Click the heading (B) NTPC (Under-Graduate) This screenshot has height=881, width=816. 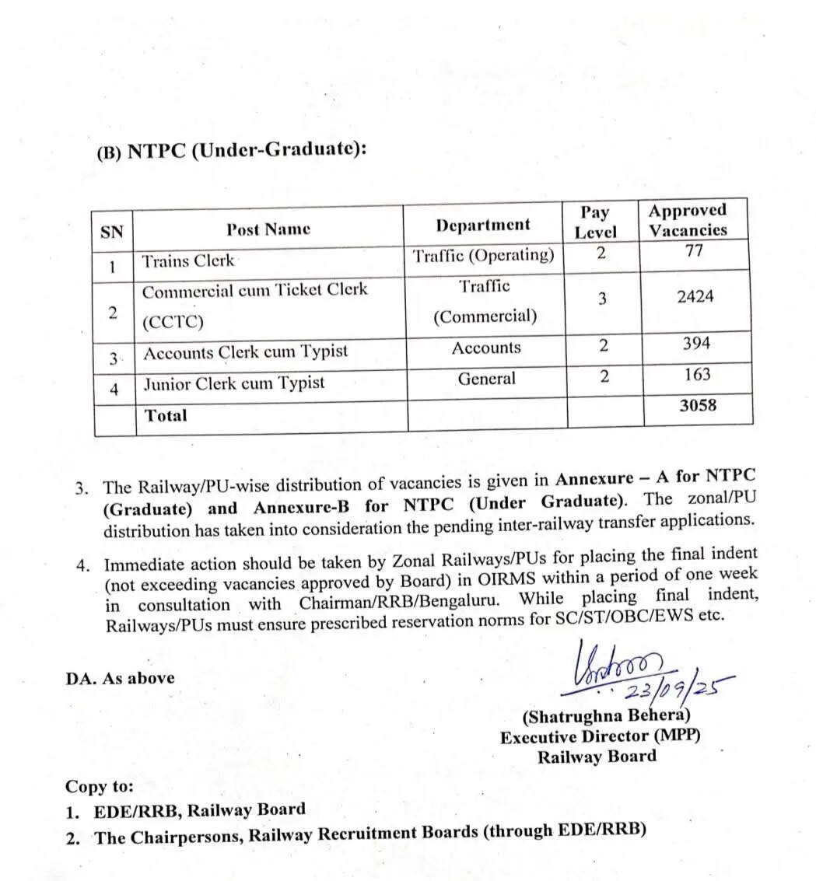(231, 149)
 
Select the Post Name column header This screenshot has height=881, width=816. (268, 229)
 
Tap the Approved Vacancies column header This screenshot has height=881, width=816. (688, 220)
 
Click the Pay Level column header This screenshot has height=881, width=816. (595, 222)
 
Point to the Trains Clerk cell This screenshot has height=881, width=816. (187, 261)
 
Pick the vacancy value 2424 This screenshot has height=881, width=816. (695, 296)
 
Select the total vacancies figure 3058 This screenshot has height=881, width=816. (697, 405)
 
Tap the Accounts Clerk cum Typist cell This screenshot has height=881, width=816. (245, 352)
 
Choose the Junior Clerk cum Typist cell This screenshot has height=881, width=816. (234, 383)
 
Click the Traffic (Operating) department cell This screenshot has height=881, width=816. (484, 256)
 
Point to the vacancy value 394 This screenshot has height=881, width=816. (696, 344)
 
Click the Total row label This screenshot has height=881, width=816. (166, 415)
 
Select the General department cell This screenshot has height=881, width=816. (486, 379)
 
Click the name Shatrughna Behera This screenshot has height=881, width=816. (606, 716)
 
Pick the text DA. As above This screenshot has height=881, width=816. (120, 678)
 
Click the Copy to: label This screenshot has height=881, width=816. (99, 786)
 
